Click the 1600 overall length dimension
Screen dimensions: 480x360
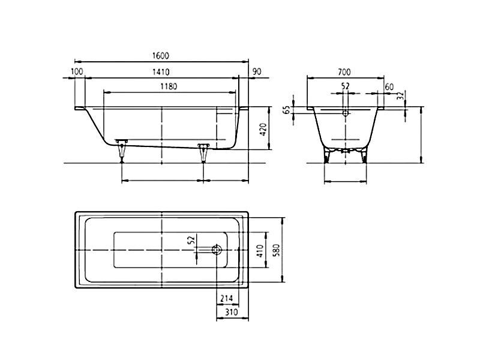(x=160, y=56)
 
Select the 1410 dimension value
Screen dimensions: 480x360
(x=161, y=72)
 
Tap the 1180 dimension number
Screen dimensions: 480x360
(x=169, y=86)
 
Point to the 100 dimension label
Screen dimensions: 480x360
(x=77, y=71)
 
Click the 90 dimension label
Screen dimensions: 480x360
(x=257, y=71)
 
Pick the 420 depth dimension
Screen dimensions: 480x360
(x=263, y=130)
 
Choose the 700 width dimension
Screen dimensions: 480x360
(x=344, y=72)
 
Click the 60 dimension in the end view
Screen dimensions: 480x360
(x=389, y=87)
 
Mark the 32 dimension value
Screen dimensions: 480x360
(x=400, y=96)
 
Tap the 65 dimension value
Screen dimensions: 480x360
(x=287, y=110)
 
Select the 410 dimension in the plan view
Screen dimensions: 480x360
(x=260, y=251)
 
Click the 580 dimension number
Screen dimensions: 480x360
(x=277, y=250)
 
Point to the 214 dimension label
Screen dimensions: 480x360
(x=227, y=298)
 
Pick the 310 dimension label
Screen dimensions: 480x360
(x=232, y=312)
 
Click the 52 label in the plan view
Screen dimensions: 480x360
(x=191, y=240)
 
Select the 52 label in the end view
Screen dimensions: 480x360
(x=346, y=86)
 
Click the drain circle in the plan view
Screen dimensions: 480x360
(x=217, y=250)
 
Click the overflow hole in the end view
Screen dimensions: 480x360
(x=346, y=113)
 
